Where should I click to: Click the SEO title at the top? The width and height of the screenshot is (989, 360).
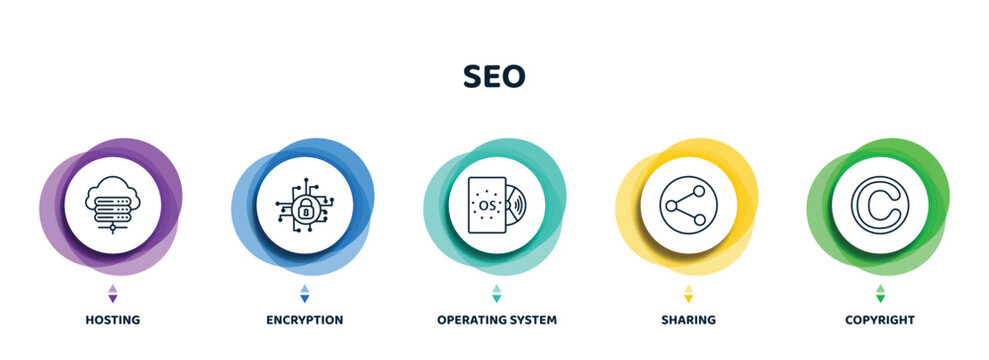494,77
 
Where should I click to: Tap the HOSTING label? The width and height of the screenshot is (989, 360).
112,320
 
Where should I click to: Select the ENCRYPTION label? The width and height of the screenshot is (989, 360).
304,320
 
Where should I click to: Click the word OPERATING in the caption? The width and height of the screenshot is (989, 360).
469,320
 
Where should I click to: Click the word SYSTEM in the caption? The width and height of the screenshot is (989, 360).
530,320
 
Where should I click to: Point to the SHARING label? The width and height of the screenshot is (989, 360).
687,320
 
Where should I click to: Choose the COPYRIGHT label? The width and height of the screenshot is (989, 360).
879,320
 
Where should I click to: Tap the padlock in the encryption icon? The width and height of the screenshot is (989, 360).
304,208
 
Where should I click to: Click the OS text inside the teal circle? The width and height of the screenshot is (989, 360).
488,205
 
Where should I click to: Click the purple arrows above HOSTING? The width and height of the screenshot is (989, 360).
112,293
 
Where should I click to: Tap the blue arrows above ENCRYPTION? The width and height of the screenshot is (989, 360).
304,293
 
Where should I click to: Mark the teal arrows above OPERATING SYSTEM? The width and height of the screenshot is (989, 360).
496,293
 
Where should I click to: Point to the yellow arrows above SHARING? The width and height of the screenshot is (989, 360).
687,293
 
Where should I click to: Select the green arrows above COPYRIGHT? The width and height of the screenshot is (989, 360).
879,293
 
